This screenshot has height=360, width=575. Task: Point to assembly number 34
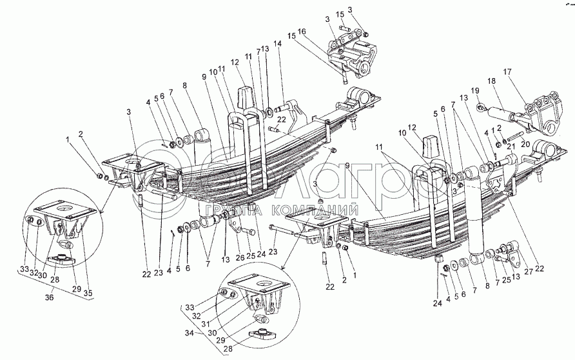coord(189,333)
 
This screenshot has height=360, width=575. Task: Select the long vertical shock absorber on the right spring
coord(478,219)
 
